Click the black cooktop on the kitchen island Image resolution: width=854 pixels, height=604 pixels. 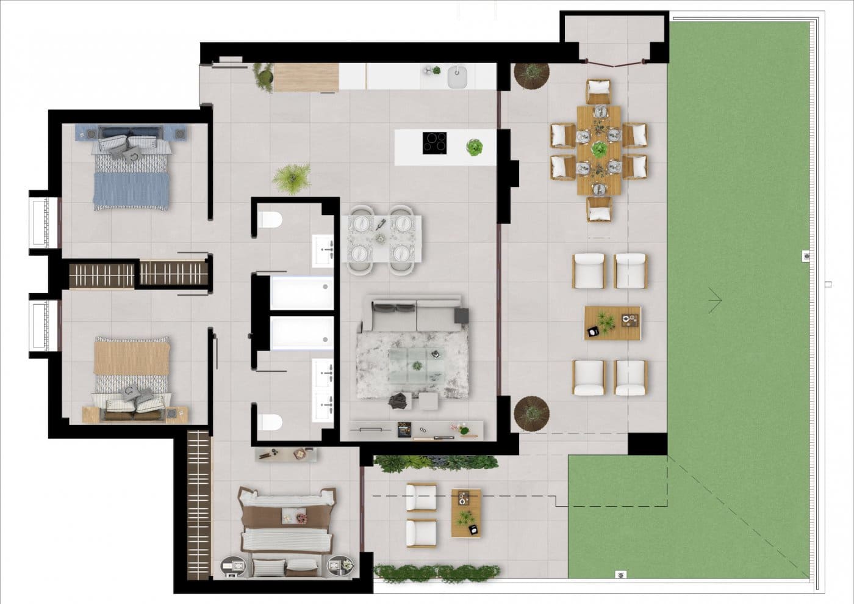pyautogui.click(x=434, y=144)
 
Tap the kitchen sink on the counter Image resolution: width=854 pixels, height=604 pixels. pyautogui.click(x=456, y=77)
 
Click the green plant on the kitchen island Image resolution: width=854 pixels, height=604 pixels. pyautogui.click(x=475, y=148)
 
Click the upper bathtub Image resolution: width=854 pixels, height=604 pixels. pyautogui.click(x=301, y=293)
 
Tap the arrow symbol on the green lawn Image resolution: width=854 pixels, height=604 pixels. pyautogui.click(x=715, y=300)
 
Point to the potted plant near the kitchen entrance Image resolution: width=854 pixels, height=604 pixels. pyautogui.click(x=264, y=78)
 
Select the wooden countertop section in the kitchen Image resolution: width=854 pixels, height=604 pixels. pyautogui.click(x=306, y=78)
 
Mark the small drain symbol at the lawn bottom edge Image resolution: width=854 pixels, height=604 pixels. pyautogui.click(x=621, y=574)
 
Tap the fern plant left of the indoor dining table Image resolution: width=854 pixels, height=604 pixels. pyautogui.click(x=292, y=179)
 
